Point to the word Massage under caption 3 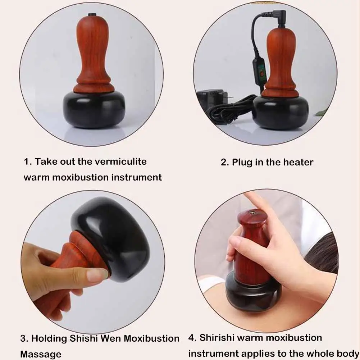click(x=41, y=354)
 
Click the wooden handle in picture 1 click(x=94, y=58)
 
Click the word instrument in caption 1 click(x=138, y=177)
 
